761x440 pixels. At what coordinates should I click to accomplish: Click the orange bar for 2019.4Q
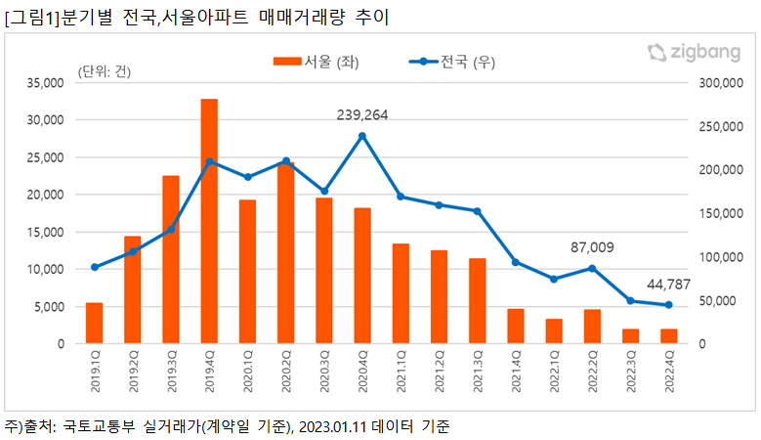tap(209, 222)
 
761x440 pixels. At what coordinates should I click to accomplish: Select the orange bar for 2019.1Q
tap(95, 324)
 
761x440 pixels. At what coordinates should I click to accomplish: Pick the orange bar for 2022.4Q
tap(668, 336)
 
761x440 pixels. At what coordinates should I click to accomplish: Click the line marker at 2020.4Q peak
tap(362, 136)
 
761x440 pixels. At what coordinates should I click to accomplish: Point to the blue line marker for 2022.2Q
tap(592, 268)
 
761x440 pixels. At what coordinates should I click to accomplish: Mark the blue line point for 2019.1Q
tap(95, 267)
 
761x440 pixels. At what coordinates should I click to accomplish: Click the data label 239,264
tap(362, 115)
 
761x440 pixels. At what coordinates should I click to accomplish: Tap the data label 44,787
tap(668, 285)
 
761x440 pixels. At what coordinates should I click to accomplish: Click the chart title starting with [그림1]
tap(196, 17)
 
